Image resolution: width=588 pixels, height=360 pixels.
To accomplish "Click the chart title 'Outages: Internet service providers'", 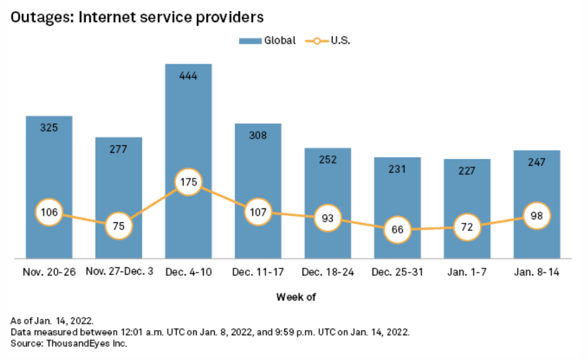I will click(137, 17).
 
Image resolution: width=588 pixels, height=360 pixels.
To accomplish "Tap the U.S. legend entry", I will click(328, 41).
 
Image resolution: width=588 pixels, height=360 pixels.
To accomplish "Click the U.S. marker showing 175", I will click(189, 182).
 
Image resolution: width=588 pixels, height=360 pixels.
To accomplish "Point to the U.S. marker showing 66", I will click(397, 230).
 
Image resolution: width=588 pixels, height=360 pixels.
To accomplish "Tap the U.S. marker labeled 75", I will click(118, 226).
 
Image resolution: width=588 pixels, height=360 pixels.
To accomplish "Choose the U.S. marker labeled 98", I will click(537, 215).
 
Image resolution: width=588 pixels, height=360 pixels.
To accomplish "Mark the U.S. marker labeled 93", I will click(328, 219).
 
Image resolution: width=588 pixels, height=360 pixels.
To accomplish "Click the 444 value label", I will click(189, 76).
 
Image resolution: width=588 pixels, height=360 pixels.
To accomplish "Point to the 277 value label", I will click(118, 149).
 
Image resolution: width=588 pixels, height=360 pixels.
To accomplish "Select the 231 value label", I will click(397, 169).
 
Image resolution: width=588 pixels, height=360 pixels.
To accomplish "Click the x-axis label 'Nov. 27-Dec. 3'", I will click(118, 272).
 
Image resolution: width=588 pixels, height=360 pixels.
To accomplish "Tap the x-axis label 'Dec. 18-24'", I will click(328, 272).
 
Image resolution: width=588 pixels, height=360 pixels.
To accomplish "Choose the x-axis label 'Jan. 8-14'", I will click(537, 272).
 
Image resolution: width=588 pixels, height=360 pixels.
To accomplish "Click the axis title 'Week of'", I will click(293, 297).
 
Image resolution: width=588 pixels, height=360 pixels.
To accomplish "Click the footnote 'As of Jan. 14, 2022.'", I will click(52, 321).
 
